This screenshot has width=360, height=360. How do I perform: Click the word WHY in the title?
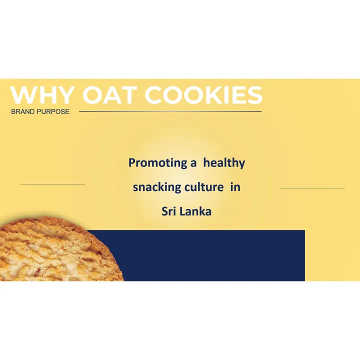click(43, 95)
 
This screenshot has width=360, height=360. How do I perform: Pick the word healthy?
click(224, 163)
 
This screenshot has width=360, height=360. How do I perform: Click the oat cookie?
click(55, 250)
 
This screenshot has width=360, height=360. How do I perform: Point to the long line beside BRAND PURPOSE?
click(170, 111)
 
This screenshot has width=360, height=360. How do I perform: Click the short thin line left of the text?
click(52, 184)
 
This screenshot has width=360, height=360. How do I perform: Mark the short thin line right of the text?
click(312, 188)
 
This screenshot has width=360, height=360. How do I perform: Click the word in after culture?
click(235, 187)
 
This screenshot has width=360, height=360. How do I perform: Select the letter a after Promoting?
click(192, 163)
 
